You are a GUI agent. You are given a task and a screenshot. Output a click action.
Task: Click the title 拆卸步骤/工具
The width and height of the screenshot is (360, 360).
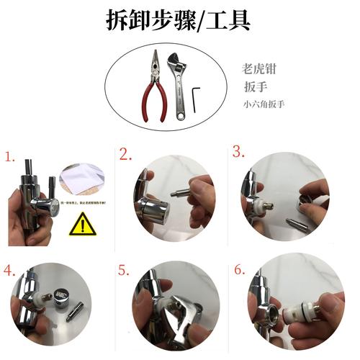(179, 21)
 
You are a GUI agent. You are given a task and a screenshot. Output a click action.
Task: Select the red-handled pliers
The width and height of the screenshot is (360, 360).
(153, 83)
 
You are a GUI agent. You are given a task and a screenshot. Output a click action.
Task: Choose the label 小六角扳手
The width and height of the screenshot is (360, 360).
(264, 104)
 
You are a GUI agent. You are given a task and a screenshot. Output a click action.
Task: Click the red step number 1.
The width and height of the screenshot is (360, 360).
(9, 156)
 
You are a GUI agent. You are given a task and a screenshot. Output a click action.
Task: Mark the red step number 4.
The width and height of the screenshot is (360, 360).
(9, 271)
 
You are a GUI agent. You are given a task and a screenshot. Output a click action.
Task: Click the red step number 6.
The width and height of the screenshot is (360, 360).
(238, 271)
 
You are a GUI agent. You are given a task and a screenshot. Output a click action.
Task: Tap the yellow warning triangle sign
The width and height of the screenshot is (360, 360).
(82, 225)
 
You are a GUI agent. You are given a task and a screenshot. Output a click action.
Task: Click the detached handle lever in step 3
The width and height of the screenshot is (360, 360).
(296, 224)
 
